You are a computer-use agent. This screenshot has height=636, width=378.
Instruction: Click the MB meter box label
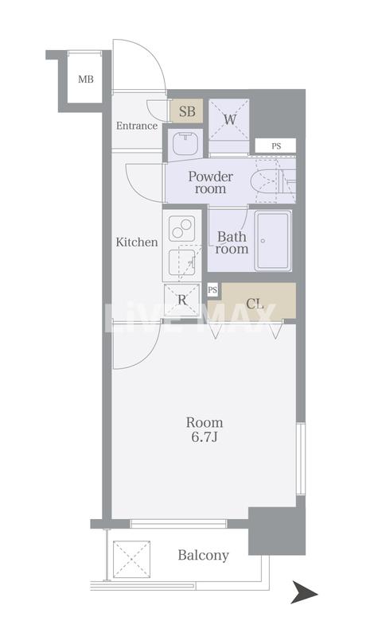(86, 79)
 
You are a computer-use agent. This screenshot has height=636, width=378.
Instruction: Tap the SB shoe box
(186, 111)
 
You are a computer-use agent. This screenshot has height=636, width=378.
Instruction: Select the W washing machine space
(229, 120)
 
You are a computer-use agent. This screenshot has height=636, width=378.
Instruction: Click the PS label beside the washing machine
(276, 146)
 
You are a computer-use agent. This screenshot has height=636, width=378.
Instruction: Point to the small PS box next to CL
(212, 289)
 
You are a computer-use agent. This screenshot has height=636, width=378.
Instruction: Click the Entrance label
(137, 126)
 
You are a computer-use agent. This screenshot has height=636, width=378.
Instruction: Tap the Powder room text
(210, 183)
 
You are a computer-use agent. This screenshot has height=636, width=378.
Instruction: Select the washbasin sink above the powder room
(185, 144)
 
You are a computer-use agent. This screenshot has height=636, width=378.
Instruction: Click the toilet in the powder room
(269, 181)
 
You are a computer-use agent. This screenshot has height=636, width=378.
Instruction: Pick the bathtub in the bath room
(273, 240)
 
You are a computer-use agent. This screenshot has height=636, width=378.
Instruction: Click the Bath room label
(232, 242)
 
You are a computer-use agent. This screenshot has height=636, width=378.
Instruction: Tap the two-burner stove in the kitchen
(182, 228)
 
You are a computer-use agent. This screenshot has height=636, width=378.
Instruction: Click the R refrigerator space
(182, 301)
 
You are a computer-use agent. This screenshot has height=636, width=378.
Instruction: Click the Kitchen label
(137, 242)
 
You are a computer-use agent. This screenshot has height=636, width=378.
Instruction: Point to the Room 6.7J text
(205, 429)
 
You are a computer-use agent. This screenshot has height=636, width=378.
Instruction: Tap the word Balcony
(204, 555)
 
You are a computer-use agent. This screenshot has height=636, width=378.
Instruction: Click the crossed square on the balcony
(131, 559)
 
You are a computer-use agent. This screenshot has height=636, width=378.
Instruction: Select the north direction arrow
(305, 593)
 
